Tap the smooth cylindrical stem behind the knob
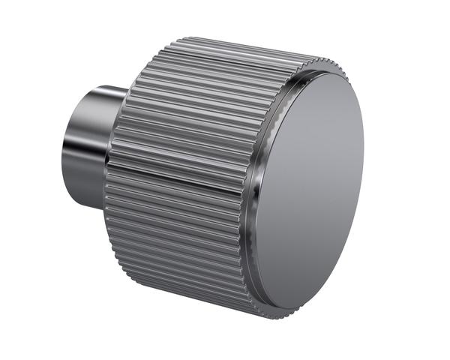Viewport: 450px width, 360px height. [x=86, y=146]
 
